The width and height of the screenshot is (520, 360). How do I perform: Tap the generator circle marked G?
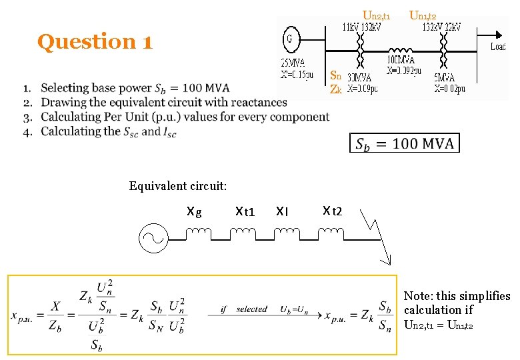[x=289, y=38]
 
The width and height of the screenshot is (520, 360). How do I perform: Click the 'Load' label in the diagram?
[x=498, y=47]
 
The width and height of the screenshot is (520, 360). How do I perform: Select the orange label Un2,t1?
[x=376, y=15]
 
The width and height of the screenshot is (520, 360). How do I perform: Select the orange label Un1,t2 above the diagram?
[x=423, y=15]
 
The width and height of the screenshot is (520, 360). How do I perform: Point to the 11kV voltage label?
[x=351, y=27]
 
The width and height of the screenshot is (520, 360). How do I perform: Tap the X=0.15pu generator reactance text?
[x=297, y=75]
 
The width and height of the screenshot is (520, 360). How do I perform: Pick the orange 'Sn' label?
[x=336, y=75]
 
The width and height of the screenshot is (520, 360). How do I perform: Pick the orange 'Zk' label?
[x=336, y=89]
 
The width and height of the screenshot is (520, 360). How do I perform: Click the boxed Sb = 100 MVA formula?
[x=404, y=143]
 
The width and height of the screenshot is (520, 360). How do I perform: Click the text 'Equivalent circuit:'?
[x=178, y=185]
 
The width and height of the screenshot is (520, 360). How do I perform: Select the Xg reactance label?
[x=194, y=212]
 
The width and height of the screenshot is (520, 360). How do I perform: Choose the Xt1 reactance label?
[x=245, y=212]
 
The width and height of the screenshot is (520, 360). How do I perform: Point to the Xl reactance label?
[x=282, y=212]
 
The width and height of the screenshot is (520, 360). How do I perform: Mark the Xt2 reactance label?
[x=332, y=212]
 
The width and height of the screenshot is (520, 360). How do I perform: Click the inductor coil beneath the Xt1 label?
[x=243, y=233]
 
